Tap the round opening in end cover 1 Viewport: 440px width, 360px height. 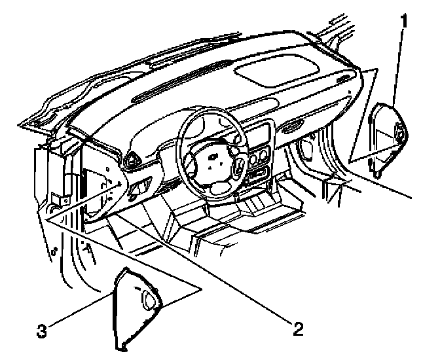click(399, 135)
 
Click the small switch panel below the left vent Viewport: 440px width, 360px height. click(139, 190)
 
